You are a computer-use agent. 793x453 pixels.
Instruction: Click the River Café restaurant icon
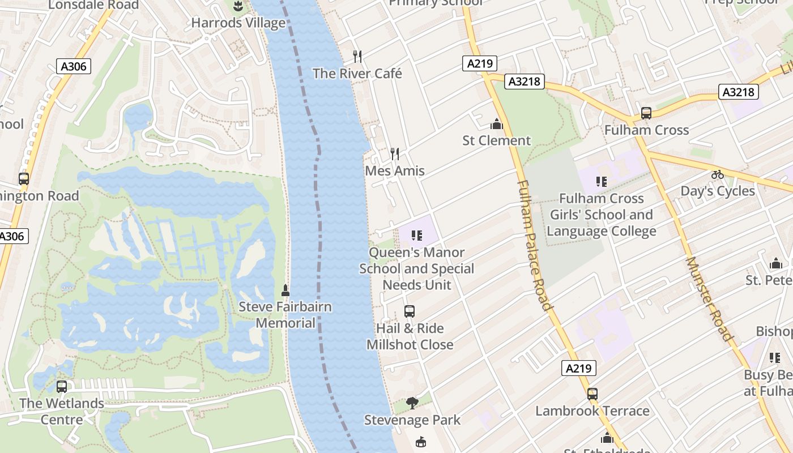357,56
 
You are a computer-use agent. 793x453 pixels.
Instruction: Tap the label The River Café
357,74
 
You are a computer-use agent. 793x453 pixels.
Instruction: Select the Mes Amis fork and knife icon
395,153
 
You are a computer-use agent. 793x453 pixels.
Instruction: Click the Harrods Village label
238,23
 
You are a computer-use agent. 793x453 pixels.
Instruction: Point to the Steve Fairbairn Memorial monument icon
285,290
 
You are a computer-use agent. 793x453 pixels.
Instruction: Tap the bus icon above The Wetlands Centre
62,387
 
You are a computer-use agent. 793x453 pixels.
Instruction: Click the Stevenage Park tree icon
412,403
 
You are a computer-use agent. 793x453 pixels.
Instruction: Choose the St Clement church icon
497,124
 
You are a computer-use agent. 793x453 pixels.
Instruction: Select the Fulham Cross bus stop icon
646,113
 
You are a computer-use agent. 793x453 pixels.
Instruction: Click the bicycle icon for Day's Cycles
718,174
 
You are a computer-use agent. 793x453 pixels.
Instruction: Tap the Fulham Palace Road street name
535,245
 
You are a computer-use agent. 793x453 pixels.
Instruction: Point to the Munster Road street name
709,298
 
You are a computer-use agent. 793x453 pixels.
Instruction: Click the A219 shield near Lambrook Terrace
579,369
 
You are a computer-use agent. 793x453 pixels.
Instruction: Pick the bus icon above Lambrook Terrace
592,394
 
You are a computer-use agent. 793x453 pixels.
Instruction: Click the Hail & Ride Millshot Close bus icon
410,311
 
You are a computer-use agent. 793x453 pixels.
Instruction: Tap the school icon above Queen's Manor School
417,235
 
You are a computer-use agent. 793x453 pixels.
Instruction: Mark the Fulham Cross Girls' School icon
602,182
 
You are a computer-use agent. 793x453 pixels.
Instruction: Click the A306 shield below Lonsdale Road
74,67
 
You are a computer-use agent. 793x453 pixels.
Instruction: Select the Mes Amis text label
395,171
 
